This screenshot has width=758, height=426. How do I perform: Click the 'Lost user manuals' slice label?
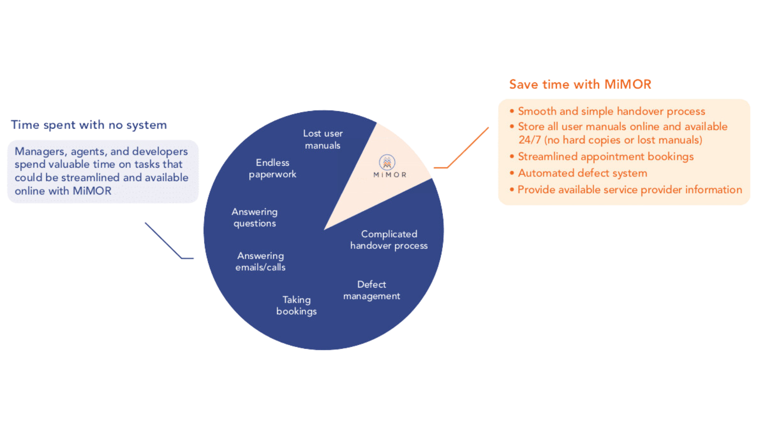[323, 139]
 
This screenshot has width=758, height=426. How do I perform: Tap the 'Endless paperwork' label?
[272, 168]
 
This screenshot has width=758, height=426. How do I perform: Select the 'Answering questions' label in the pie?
[255, 217]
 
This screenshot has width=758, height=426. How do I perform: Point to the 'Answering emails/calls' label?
[261, 262]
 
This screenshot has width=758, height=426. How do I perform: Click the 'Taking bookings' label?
[296, 305]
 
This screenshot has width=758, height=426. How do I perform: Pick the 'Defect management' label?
[371, 290]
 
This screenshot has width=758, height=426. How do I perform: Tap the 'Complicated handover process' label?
[389, 240]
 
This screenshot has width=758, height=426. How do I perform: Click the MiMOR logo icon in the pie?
[387, 162]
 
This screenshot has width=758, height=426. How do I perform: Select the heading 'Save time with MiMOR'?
[580, 84]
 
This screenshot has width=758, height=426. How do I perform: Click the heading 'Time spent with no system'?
[89, 125]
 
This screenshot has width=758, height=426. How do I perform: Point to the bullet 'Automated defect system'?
[582, 173]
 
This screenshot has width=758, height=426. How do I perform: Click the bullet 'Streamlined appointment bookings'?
[606, 157]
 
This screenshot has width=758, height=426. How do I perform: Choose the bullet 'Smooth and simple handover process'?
[611, 111]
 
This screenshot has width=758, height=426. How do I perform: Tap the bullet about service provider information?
[630, 190]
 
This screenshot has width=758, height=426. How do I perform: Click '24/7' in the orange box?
[529, 140]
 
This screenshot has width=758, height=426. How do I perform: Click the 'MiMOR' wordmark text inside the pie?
[390, 175]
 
